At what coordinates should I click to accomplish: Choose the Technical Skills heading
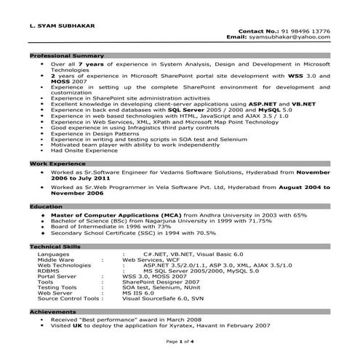click(x=54, y=247)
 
